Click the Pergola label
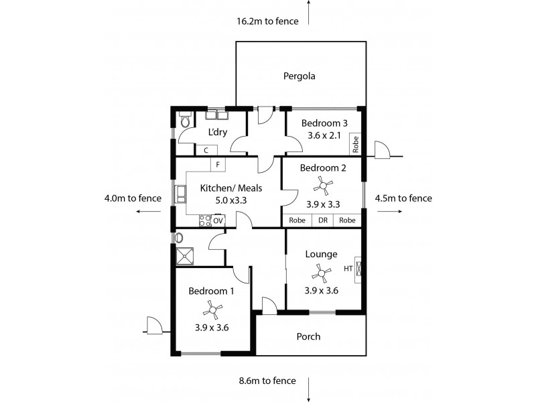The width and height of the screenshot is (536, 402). [x=299, y=76]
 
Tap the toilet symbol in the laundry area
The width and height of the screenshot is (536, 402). [x=186, y=121]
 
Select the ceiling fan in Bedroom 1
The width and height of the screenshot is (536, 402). [x=212, y=309]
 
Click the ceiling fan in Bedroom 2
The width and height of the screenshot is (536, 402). [x=324, y=184]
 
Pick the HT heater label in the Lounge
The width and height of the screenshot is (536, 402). [x=348, y=269]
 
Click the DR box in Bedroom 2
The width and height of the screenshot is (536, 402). [x=322, y=220]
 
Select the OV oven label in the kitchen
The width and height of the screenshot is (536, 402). [x=218, y=220]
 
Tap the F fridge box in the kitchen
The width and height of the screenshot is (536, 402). [x=218, y=163]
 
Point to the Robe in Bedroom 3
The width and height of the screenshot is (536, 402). [x=356, y=143]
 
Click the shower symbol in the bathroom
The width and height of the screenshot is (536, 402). [x=185, y=255]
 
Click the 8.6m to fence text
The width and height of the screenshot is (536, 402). [x=267, y=381]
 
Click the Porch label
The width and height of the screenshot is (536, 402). [x=308, y=336]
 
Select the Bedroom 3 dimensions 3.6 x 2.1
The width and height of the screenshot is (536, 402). [x=321, y=135]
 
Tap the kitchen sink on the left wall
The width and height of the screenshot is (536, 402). [x=181, y=194]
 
